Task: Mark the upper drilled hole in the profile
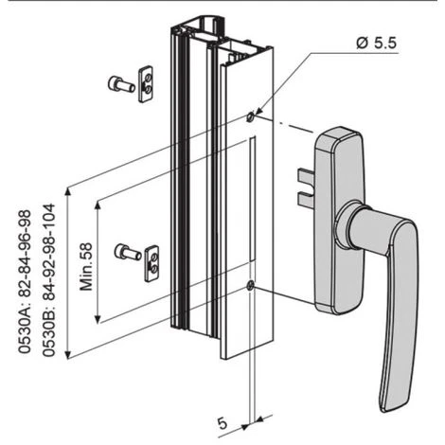pyautogui.click(x=249, y=117)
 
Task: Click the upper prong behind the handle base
pyautogui.click(x=304, y=175)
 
